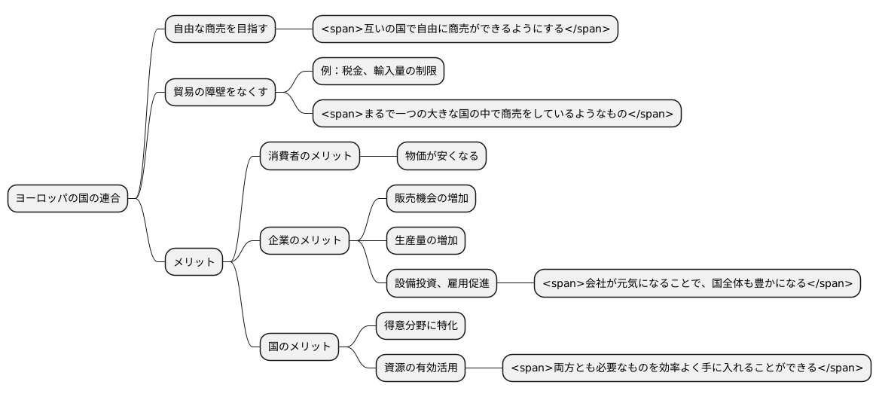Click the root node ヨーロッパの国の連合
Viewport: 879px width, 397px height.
pyautogui.click(x=68, y=199)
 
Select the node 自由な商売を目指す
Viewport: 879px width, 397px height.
pyautogui.click(x=220, y=29)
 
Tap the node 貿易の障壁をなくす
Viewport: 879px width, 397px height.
pyautogui.click(x=220, y=93)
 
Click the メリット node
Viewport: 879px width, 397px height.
pyautogui.click(x=194, y=262)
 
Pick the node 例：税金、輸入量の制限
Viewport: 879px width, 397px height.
pyautogui.click(x=378, y=72)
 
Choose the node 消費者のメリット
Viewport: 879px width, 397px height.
pyautogui.click(x=310, y=156)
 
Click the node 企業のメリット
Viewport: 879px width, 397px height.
pyautogui.click(x=304, y=241)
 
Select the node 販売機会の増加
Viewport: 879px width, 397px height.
pyautogui.click(x=431, y=198)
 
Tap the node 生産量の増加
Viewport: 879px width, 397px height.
pyautogui.click(x=426, y=241)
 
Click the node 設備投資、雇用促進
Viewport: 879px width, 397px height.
pyautogui.click(x=441, y=283)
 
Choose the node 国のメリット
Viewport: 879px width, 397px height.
pyautogui.click(x=299, y=347)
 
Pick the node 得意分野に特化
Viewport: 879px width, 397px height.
pyautogui.click(x=420, y=325)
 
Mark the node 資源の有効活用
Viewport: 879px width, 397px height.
pyautogui.click(x=420, y=368)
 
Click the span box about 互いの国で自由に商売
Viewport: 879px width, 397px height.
pyautogui.click(x=465, y=29)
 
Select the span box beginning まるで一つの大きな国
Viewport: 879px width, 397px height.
pyautogui.click(x=496, y=114)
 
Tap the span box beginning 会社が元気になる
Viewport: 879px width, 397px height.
pyautogui.click(x=697, y=283)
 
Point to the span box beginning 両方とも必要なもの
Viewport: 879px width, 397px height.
pyautogui.click(x=687, y=368)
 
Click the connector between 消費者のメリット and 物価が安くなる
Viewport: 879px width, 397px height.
pyautogui.click(x=378, y=156)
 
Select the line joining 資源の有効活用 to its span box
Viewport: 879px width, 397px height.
pyautogui.click(x=484, y=368)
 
